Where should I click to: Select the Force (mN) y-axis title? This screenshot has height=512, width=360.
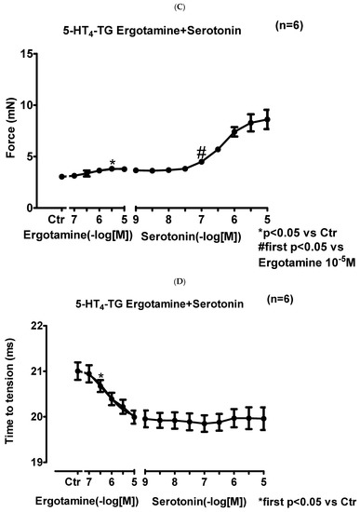[x=11, y=120]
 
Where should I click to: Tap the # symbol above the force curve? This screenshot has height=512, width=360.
[x=200, y=152]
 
